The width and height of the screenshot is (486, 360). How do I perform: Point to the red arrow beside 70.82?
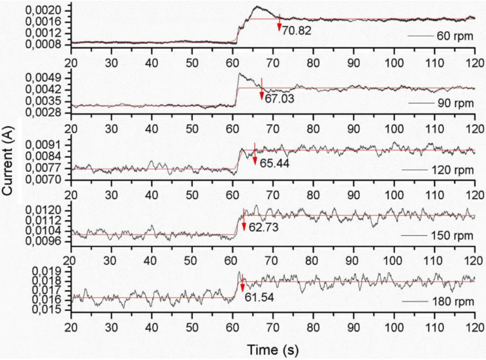279,22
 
